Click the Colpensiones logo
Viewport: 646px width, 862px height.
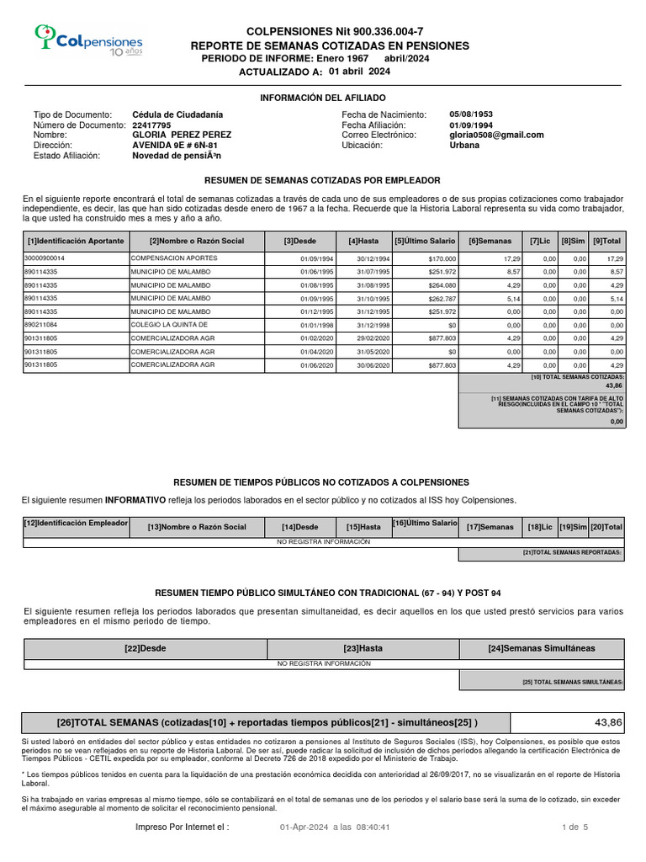tap(88, 40)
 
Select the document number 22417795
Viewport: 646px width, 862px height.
tap(151, 125)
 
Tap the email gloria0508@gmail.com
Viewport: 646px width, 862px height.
tap(496, 135)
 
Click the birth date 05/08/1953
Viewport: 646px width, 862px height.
tap(471, 114)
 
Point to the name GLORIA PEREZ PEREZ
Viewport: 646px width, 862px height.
tap(182, 135)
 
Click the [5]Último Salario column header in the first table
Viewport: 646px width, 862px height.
tap(426, 241)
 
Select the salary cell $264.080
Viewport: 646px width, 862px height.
tap(441, 285)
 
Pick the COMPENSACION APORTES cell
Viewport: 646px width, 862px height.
tap(173, 258)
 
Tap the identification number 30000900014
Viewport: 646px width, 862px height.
tap(45, 258)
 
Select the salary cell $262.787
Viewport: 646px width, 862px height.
tap(441, 299)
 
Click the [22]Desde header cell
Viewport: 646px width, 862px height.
tap(146, 648)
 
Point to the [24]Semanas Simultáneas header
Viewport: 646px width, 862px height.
tap(541, 648)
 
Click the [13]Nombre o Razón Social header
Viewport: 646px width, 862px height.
tap(197, 527)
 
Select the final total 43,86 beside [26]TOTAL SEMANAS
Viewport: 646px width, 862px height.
tap(607, 722)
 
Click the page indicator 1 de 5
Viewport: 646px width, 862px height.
tap(575, 827)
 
